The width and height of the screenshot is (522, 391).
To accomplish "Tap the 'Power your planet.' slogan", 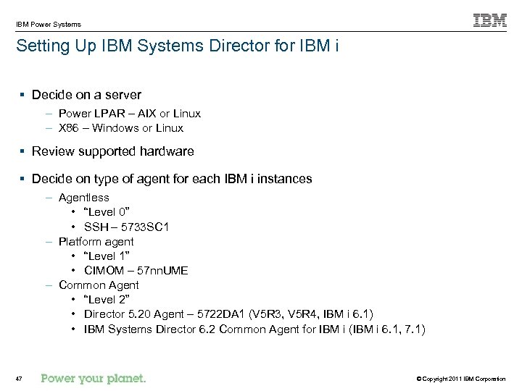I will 94,378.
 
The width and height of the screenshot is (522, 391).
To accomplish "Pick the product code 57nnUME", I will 157,270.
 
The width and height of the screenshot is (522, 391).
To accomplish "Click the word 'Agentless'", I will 84,197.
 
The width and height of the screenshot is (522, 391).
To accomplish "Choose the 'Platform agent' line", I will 96,241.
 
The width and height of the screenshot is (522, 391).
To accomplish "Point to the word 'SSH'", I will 96,227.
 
